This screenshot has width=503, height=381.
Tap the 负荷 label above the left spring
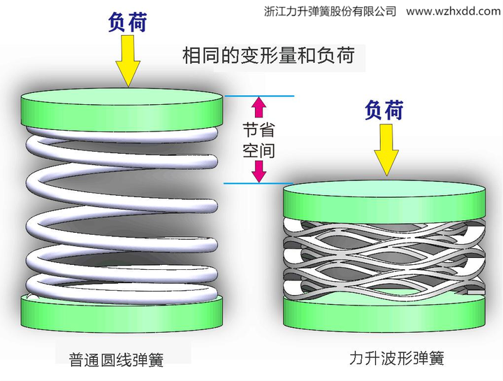pos(127,22)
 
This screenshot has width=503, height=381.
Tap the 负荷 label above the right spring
pos(384,110)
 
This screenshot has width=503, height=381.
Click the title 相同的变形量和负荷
pos(268,55)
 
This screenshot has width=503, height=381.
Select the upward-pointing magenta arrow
pos(259,107)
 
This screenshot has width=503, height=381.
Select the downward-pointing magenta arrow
pos(259,171)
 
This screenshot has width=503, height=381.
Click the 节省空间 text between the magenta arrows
pos(258,139)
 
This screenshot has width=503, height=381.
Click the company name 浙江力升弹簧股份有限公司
pos(331,11)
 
